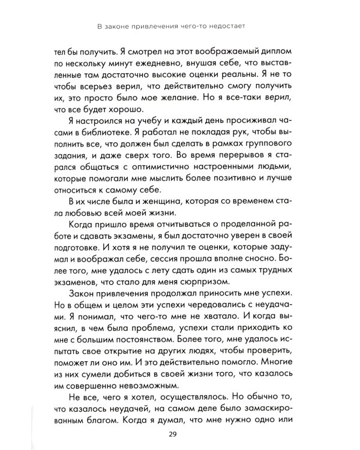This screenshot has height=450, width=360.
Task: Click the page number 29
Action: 180,434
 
